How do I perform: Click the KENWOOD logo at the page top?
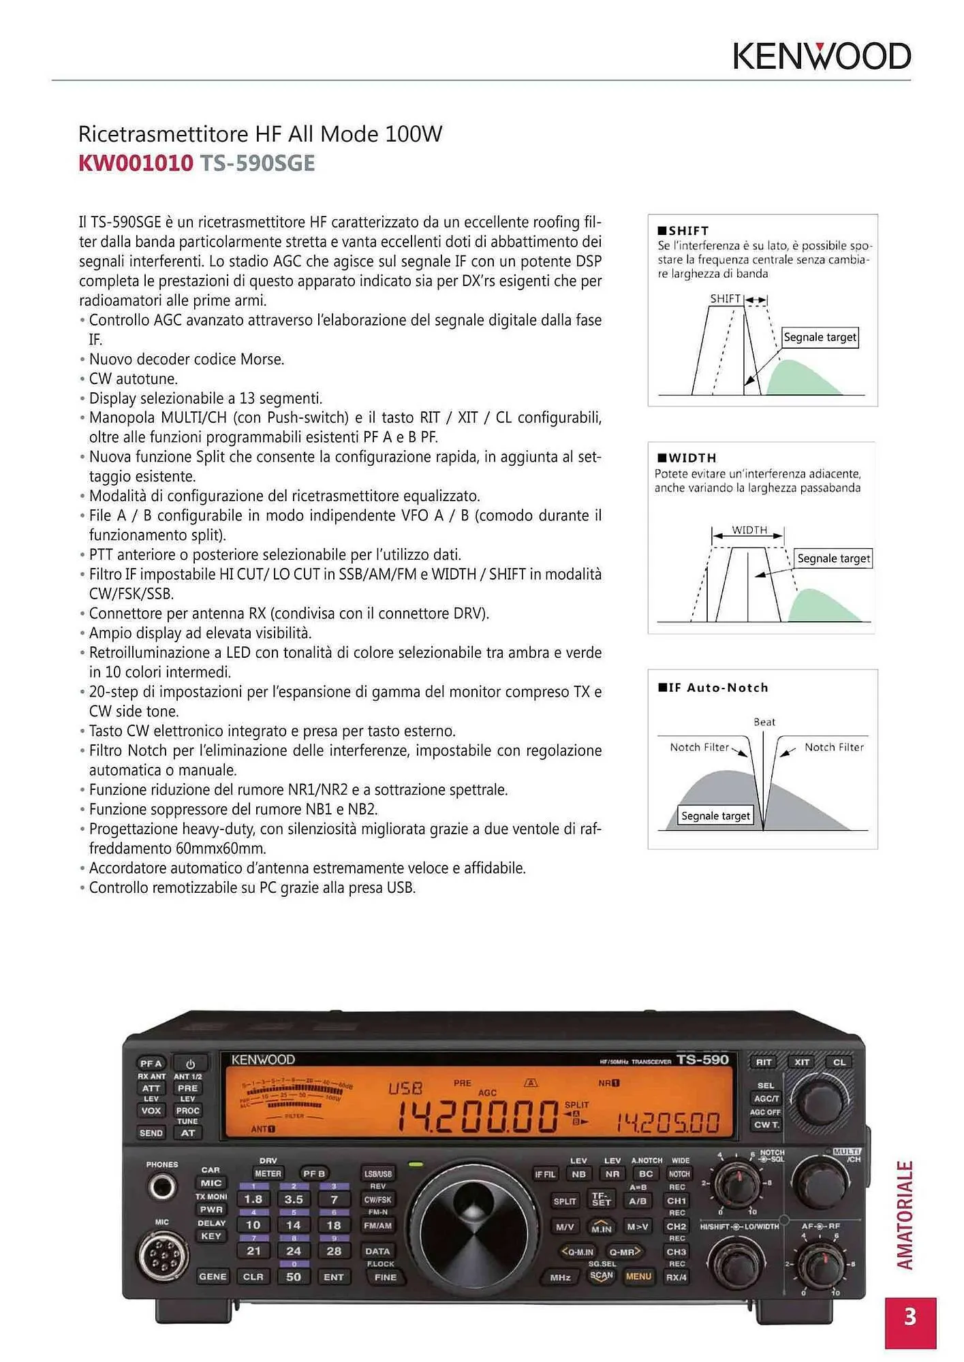pos(822,57)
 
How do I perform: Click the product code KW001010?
pos(136,163)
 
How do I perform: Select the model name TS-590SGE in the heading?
pos(257,163)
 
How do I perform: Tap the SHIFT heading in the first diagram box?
pos(687,230)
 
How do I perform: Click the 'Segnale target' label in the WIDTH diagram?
pos(833,558)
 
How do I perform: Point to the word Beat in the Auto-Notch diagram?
pos(764,722)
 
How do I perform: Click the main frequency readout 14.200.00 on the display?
pos(476,1118)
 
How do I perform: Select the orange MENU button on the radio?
pos(638,1276)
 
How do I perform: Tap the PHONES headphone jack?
pos(162,1187)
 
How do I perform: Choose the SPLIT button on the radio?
pos(564,1201)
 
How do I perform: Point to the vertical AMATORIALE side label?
pos(905,1216)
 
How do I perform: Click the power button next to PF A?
pos(190,1064)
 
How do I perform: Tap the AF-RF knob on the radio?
pos(820,1265)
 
